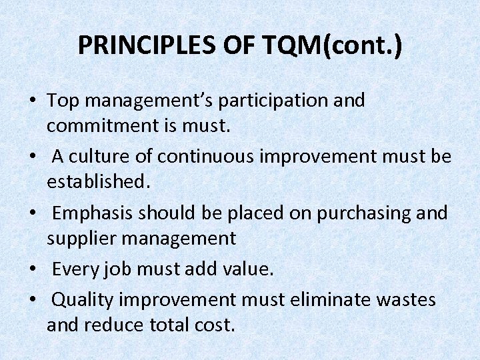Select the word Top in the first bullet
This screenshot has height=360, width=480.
tap(63, 101)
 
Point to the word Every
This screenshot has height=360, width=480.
tap(73, 270)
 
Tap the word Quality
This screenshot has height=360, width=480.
tap(82, 301)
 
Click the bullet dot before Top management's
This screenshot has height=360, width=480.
tap(32, 102)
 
